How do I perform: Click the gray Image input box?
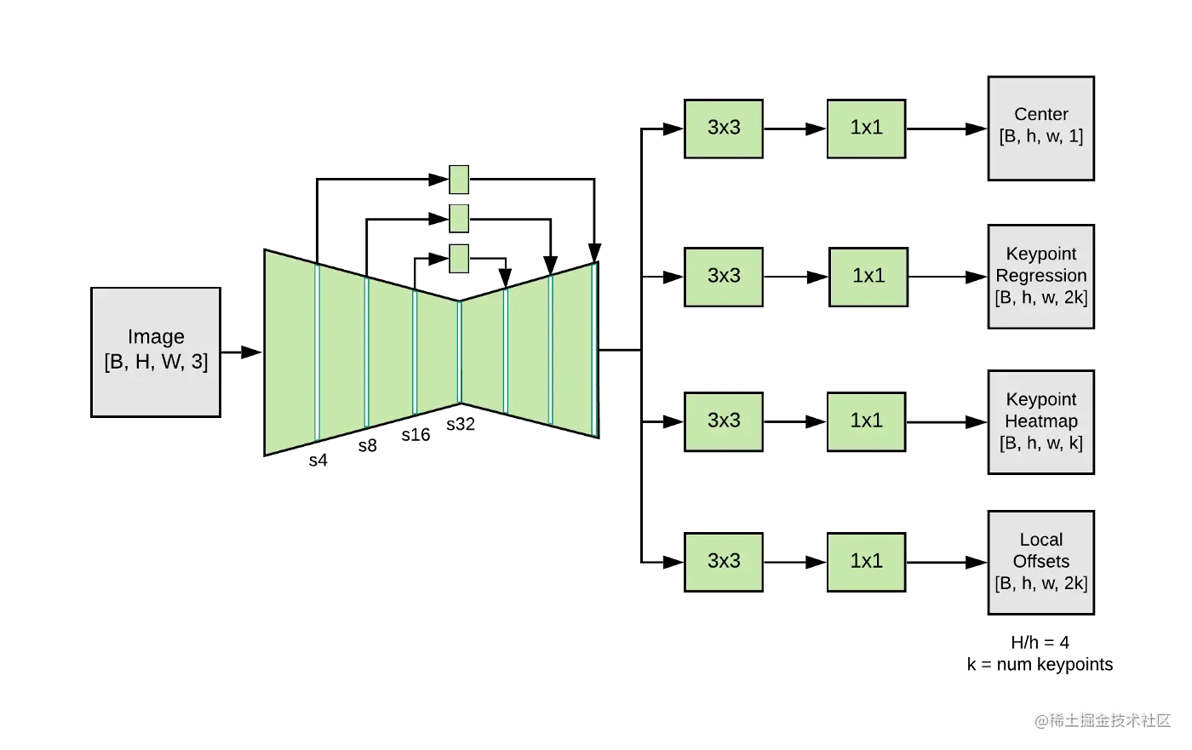click(156, 351)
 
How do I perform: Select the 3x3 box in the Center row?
click(724, 129)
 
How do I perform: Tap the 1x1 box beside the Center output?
click(866, 129)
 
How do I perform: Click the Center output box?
click(1041, 128)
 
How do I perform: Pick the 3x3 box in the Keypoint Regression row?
click(724, 276)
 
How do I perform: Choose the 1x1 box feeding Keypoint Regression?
click(868, 276)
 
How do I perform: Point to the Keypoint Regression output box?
click(1041, 277)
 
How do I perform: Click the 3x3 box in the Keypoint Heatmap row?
click(724, 421)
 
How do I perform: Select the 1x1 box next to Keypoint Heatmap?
click(866, 421)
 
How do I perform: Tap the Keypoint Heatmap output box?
click(1041, 421)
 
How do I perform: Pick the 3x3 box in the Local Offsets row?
click(724, 561)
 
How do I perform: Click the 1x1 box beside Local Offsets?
click(866, 561)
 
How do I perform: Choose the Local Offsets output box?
click(1041, 562)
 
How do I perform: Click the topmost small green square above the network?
click(460, 180)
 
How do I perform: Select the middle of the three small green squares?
click(460, 218)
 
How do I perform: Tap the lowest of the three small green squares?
click(460, 258)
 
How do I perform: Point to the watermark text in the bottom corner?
click(1103, 719)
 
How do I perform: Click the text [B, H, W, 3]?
click(156, 362)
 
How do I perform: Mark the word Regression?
click(1041, 276)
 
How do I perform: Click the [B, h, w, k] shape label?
click(1041, 443)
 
